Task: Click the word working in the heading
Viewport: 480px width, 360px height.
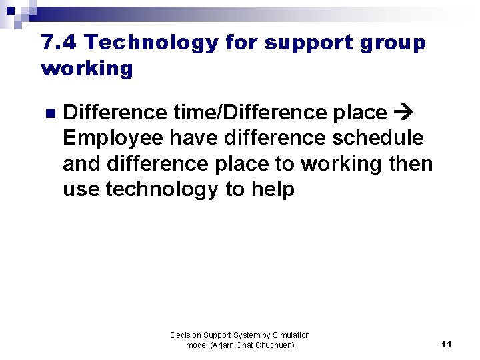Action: point(87,69)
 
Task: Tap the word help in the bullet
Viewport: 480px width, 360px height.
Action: point(273,189)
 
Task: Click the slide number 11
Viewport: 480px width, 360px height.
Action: point(446,345)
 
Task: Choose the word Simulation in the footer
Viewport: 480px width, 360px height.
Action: point(291,335)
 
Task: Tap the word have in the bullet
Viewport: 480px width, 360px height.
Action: point(193,138)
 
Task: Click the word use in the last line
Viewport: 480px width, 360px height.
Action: point(81,189)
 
